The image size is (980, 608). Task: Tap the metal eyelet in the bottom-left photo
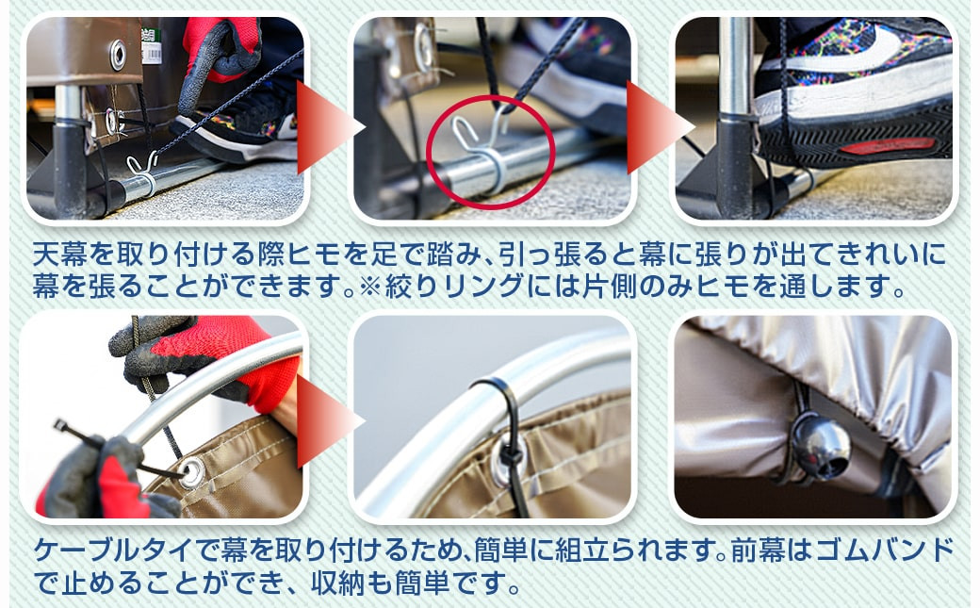(192, 471)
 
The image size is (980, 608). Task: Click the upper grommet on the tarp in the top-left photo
(118, 55)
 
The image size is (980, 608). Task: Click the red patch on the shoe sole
(888, 146)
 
